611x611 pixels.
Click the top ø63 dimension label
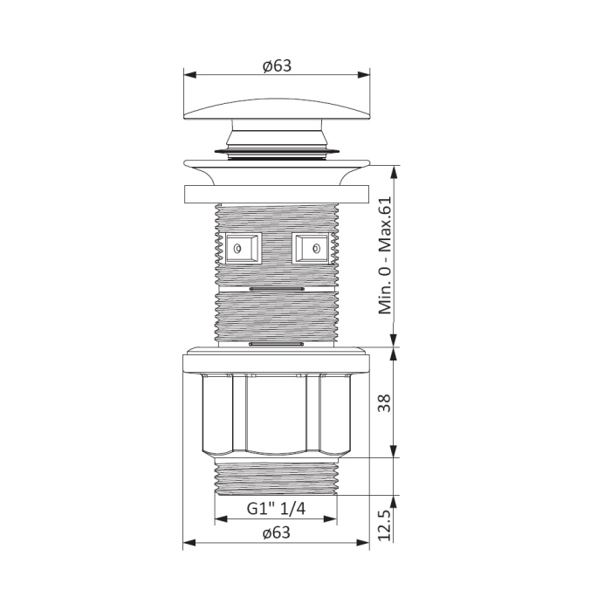[277, 65]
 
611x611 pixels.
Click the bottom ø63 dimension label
[277, 532]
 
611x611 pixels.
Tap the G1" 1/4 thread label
[276, 509]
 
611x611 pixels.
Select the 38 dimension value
[384, 403]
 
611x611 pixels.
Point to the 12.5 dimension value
[384, 525]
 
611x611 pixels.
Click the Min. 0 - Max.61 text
[385, 255]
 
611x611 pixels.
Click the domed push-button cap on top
[277, 108]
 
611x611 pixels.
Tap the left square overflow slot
[244, 248]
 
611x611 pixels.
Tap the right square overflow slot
[310, 248]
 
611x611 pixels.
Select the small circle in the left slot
[237, 248]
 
